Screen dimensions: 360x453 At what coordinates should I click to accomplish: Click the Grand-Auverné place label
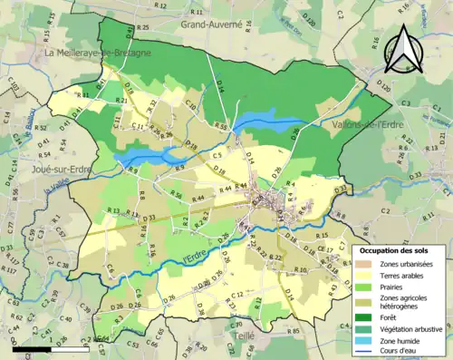click(x=211, y=25)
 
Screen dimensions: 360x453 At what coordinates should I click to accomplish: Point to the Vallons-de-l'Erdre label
click(x=367, y=124)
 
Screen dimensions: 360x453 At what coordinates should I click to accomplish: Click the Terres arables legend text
click(x=404, y=276)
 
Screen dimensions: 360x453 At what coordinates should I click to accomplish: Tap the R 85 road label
click(x=293, y=331)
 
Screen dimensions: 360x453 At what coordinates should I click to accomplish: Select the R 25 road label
click(x=143, y=28)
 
